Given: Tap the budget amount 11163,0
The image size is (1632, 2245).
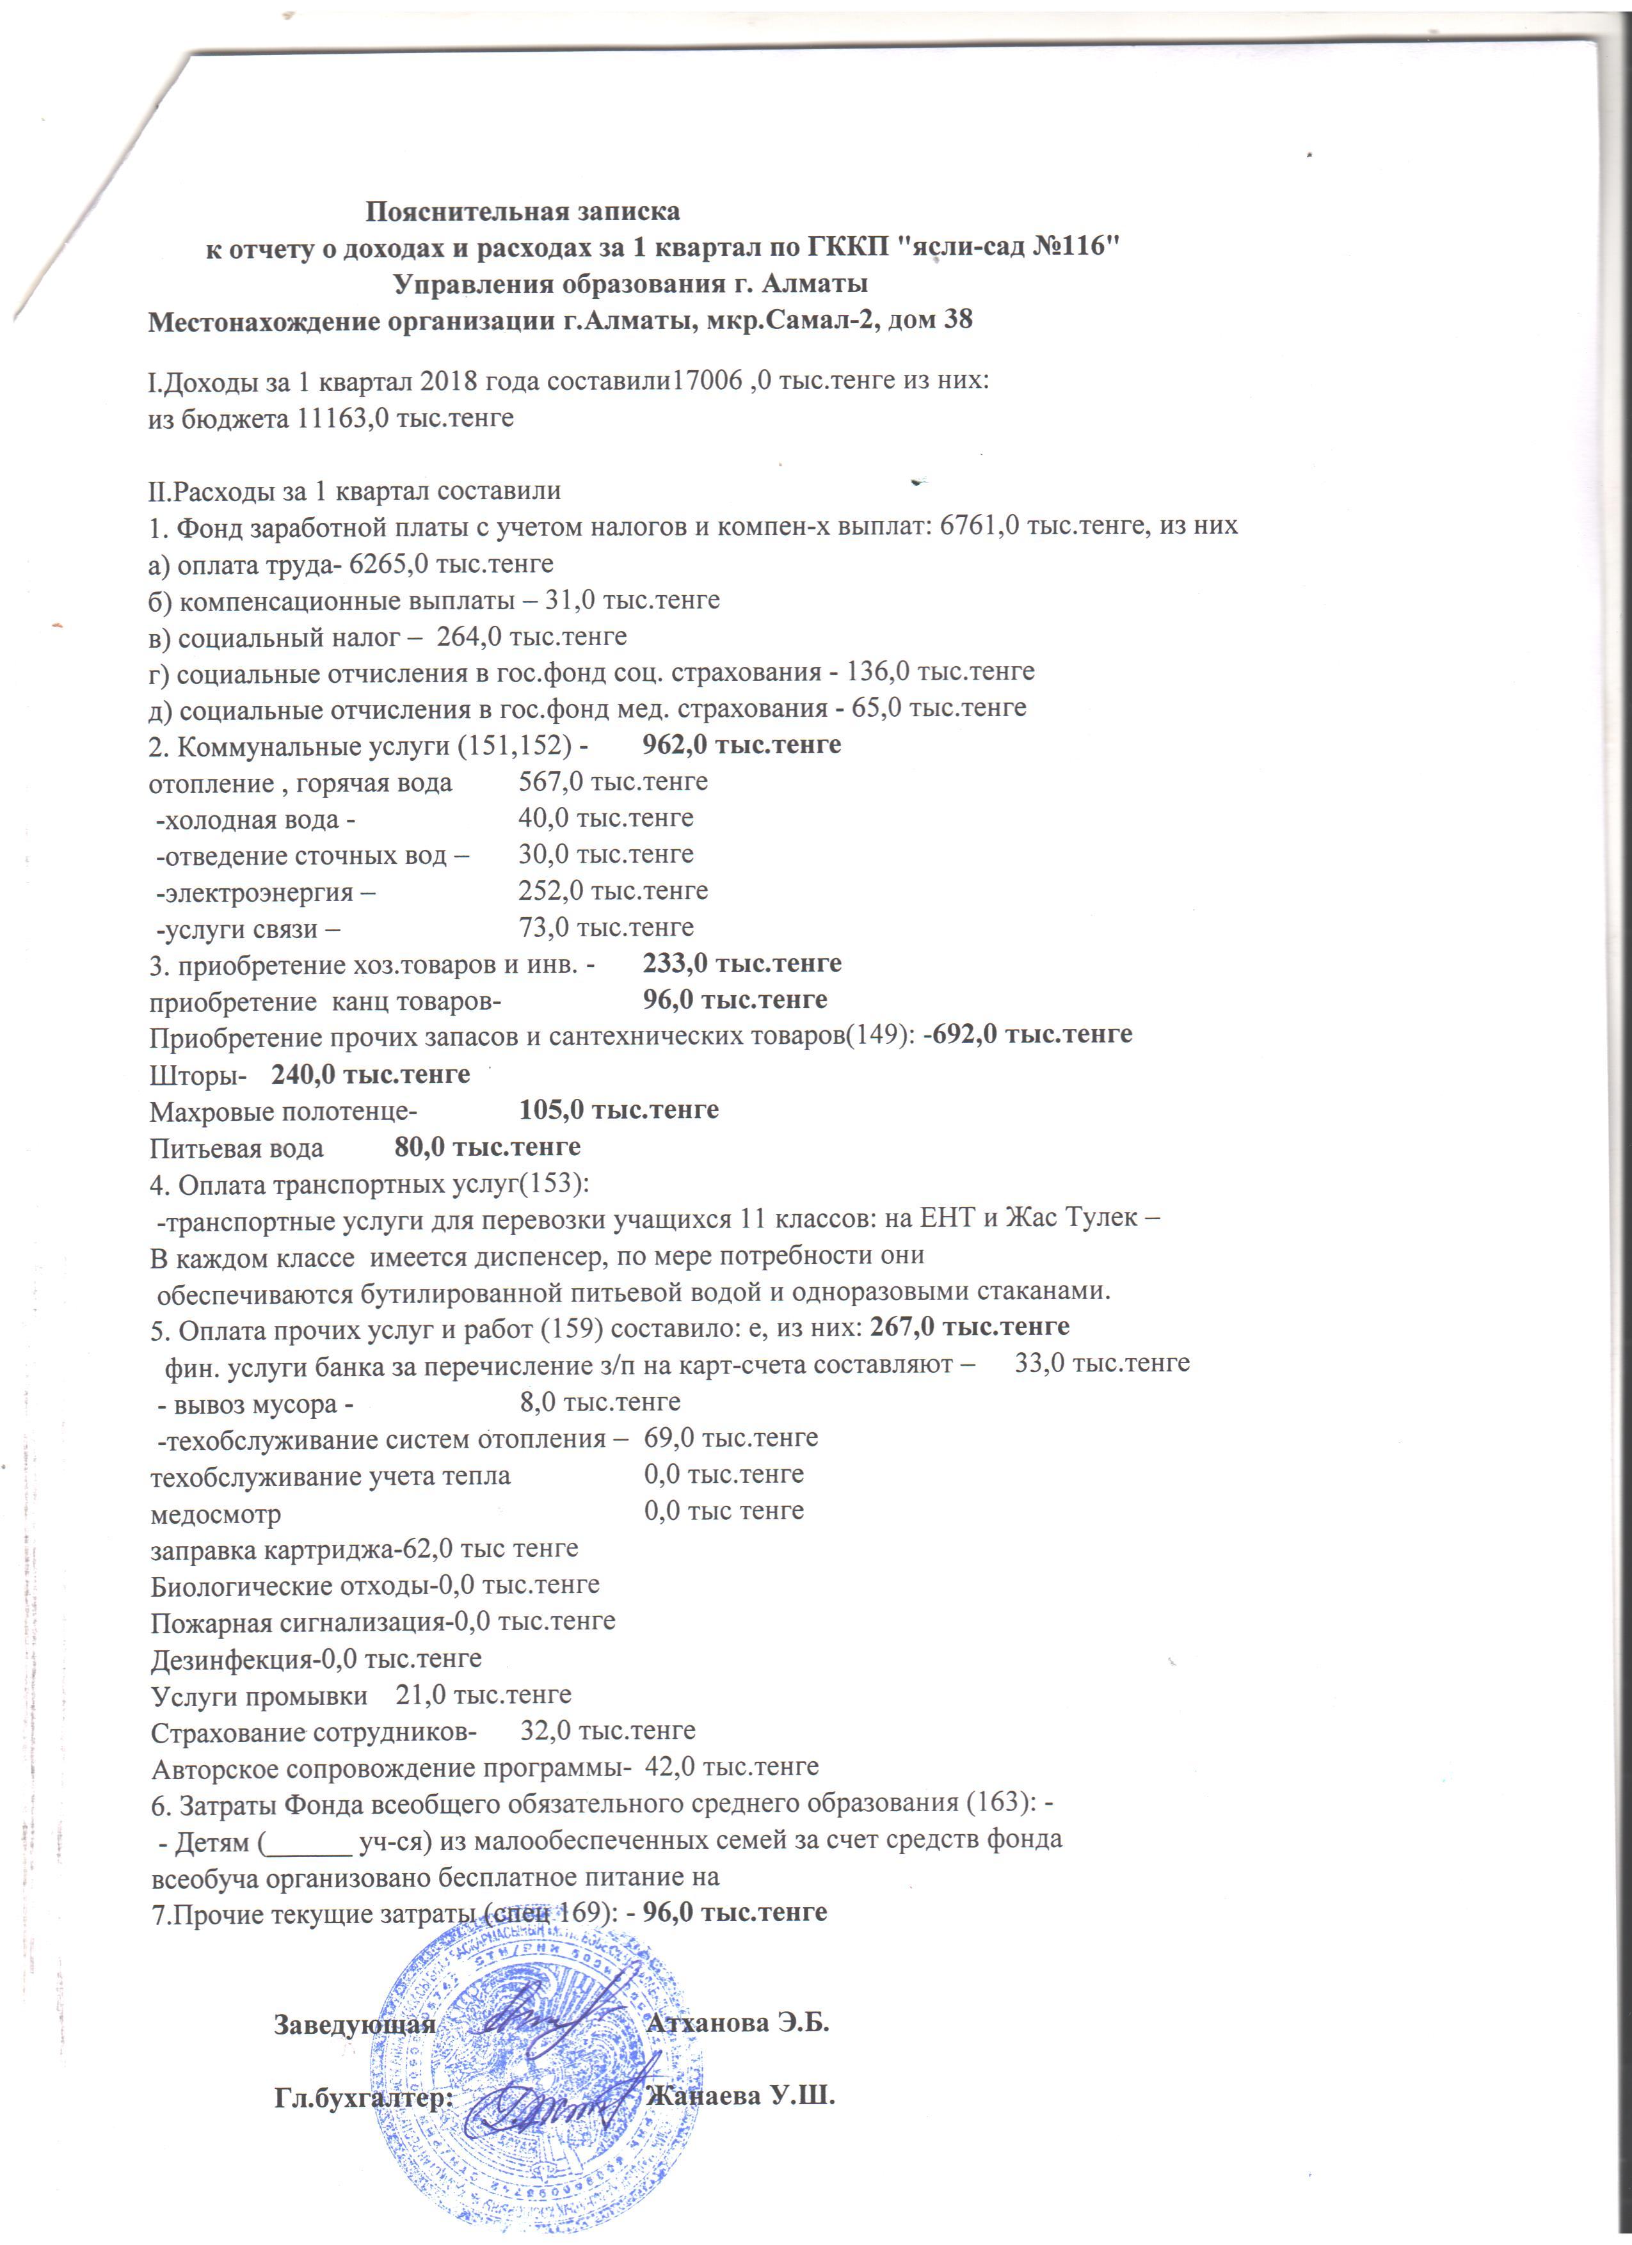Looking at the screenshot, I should point(342,418).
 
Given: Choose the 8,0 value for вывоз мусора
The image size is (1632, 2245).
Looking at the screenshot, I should point(538,1403).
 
